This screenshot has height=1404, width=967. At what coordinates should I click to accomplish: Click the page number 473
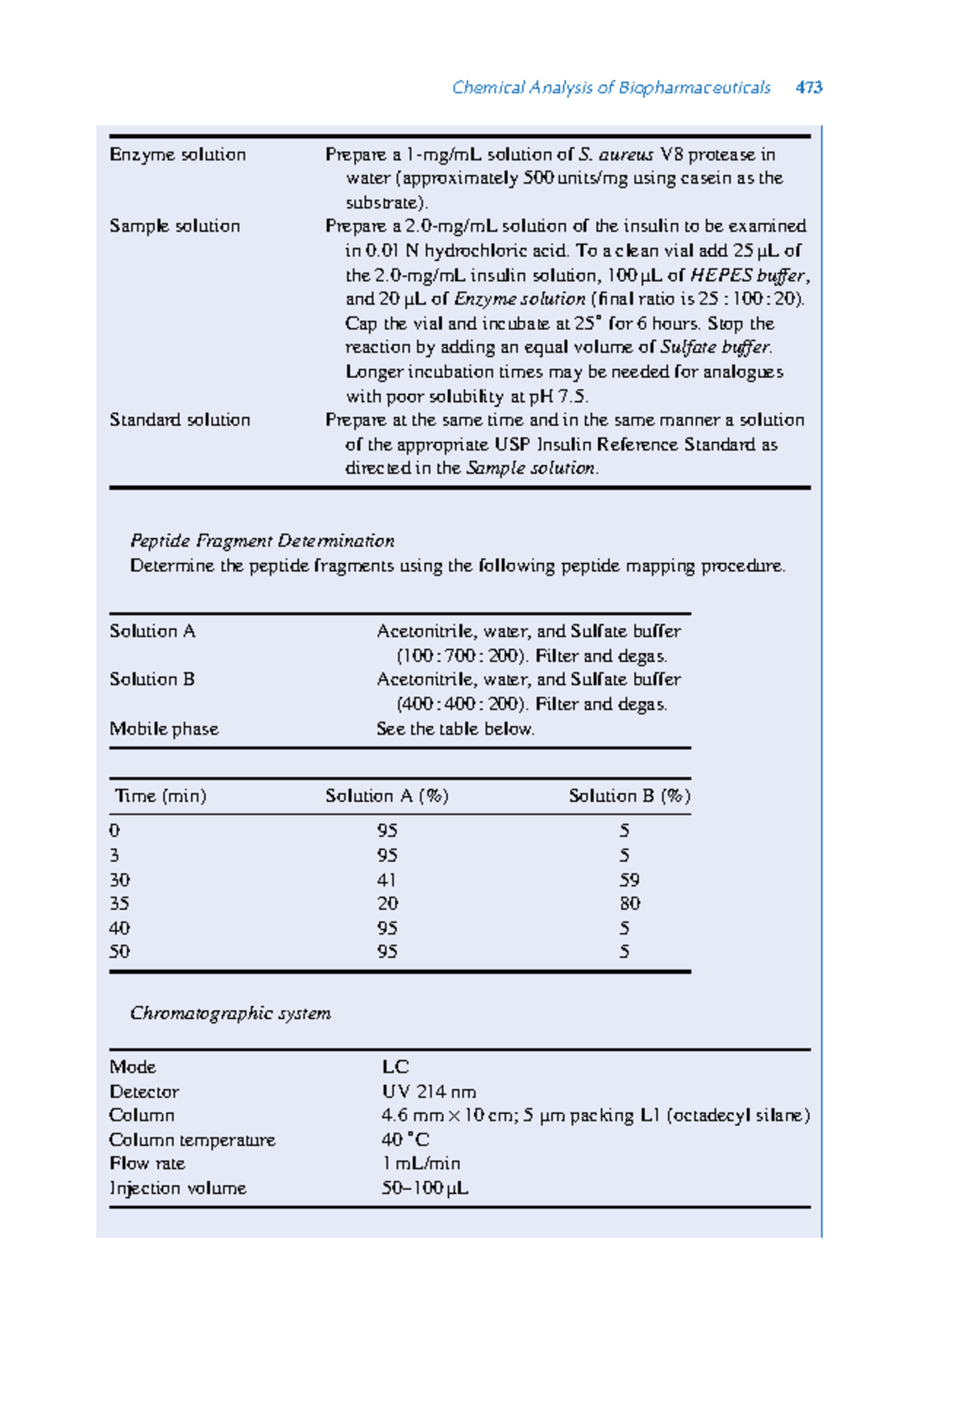[808, 87]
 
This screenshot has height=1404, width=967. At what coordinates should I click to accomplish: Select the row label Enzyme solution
[177, 155]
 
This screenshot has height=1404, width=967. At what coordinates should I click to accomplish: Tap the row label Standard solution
[180, 420]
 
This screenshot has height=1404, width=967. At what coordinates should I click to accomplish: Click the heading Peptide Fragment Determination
[262, 540]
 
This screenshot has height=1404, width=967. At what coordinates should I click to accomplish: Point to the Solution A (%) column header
[387, 796]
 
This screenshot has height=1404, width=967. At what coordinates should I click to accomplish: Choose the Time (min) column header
[160, 796]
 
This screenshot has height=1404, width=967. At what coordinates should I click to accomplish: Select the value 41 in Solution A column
[387, 880]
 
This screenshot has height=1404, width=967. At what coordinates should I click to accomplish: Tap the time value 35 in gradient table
[119, 903]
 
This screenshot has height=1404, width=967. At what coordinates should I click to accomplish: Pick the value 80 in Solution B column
[629, 903]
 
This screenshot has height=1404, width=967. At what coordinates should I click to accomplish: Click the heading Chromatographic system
[230, 1013]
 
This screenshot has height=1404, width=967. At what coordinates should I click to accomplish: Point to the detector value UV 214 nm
[429, 1091]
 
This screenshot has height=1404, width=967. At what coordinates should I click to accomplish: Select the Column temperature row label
[192, 1140]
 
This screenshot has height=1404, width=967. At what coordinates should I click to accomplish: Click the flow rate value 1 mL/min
[421, 1163]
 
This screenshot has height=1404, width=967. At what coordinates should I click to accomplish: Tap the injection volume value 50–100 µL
[425, 1188]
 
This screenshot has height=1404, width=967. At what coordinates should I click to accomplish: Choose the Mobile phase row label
[164, 728]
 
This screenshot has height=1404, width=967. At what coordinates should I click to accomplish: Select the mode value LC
[395, 1066]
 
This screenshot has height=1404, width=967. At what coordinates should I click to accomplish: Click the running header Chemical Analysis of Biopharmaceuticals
[611, 87]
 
